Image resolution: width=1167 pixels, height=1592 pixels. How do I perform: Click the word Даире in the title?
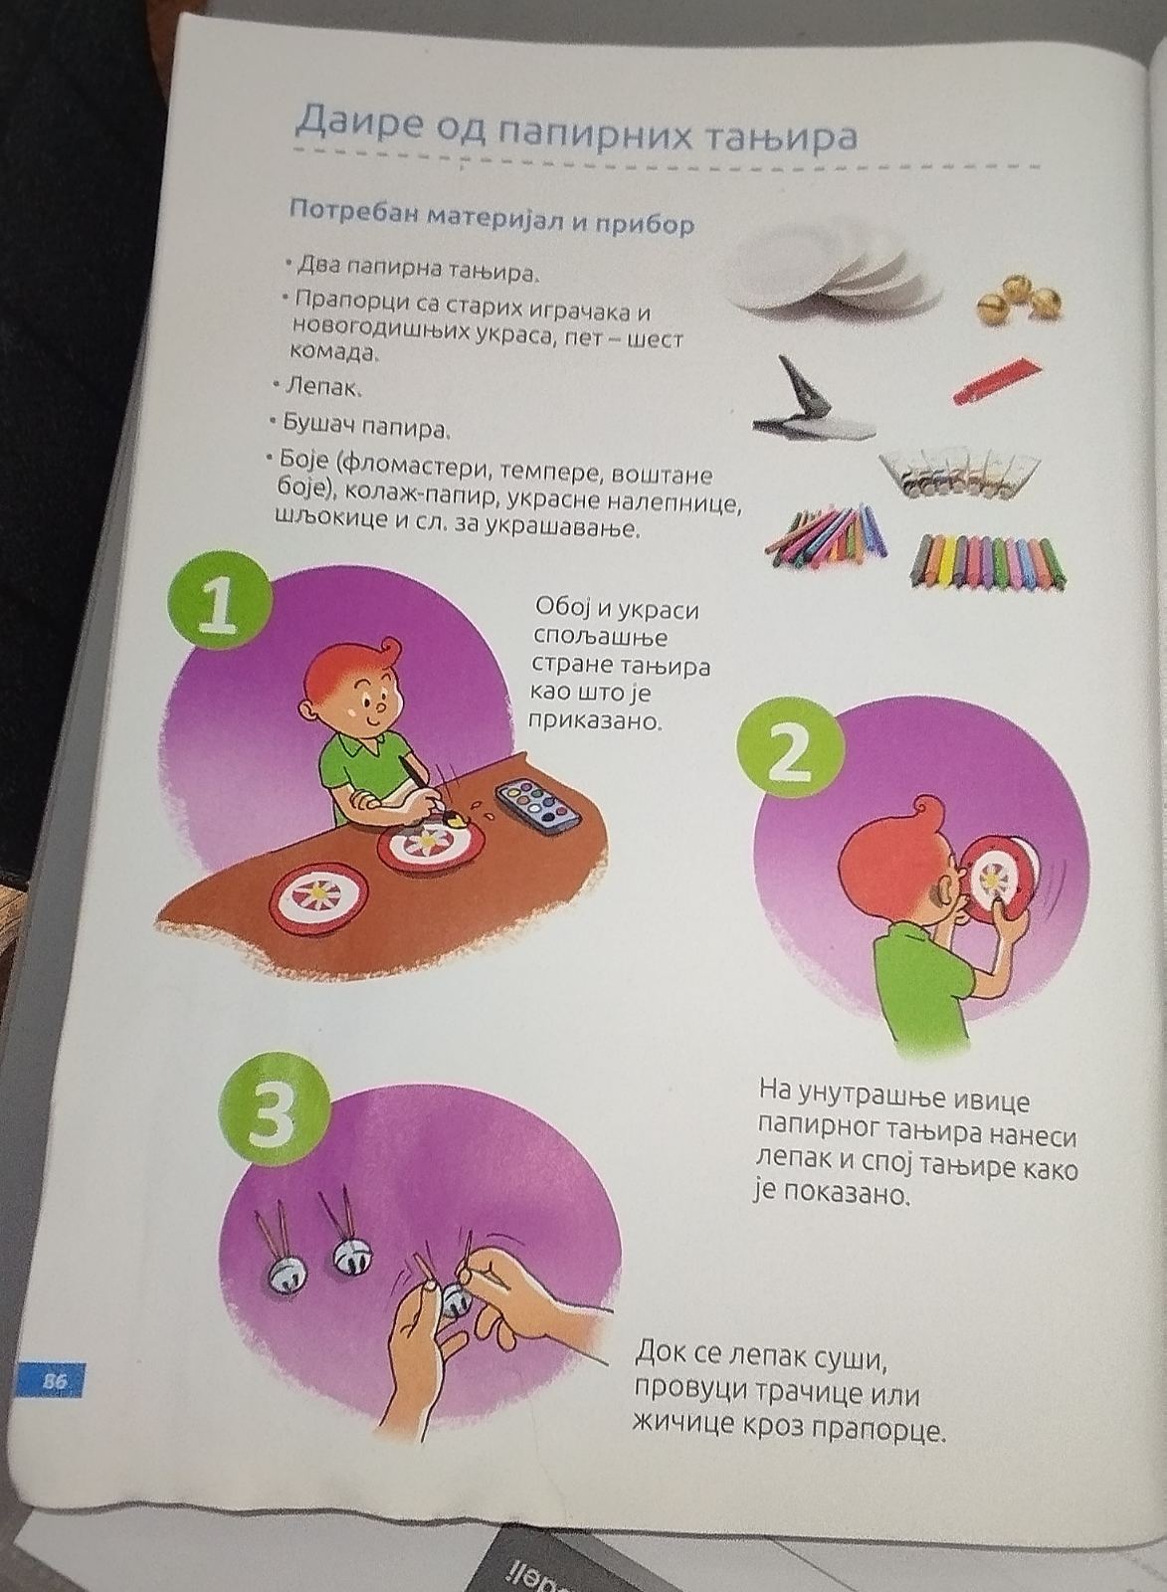click(358, 123)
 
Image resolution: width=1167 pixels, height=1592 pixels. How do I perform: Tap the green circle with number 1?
click(221, 606)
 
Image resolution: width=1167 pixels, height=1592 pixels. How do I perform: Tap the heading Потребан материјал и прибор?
click(491, 216)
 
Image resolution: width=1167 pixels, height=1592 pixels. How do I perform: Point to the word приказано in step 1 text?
click(597, 722)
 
